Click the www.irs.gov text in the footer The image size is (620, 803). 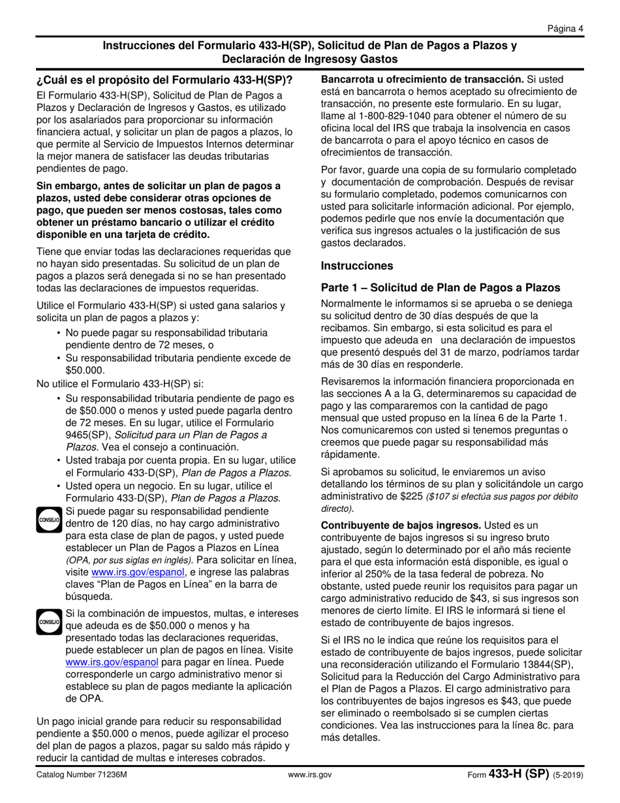[310, 775]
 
